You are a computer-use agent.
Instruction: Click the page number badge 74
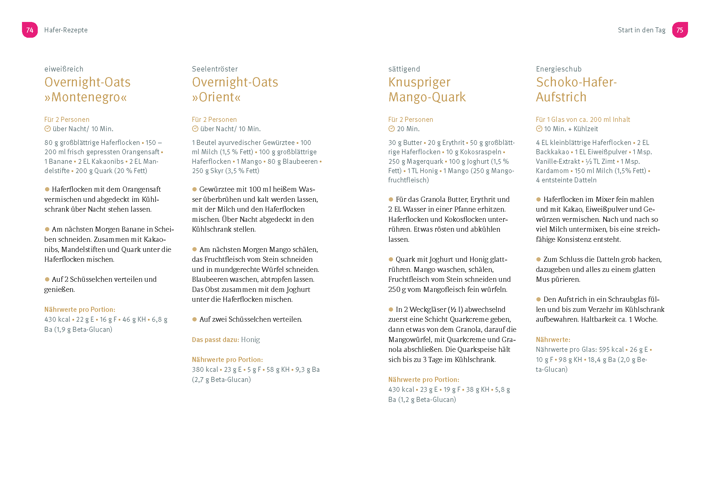[x=30, y=30]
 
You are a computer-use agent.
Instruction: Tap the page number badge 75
[x=680, y=30]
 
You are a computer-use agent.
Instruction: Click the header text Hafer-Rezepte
[x=66, y=30]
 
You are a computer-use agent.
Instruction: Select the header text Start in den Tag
[x=641, y=30]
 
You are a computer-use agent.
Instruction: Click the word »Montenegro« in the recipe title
[x=86, y=97]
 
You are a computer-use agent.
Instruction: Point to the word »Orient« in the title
[x=216, y=97]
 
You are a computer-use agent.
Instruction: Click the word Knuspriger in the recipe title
[x=419, y=82]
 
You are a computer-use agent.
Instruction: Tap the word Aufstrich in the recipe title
[x=561, y=97]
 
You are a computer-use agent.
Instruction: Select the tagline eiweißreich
[x=64, y=69]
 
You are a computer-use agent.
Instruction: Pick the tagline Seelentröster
[x=215, y=69]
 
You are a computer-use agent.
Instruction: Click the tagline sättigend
[x=404, y=69]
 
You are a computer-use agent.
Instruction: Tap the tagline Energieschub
[x=558, y=69]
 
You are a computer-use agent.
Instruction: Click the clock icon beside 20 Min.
[x=391, y=129]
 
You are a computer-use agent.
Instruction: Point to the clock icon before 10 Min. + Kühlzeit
[x=539, y=129]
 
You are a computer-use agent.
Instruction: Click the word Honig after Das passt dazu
[x=250, y=339]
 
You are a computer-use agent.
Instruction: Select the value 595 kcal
[x=611, y=350]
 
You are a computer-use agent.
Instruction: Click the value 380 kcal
[x=205, y=370]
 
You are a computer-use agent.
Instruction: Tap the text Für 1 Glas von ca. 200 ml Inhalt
[x=583, y=119]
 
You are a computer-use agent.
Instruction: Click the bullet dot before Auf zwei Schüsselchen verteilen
[x=194, y=319]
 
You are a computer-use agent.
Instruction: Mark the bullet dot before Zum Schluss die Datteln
[x=538, y=259]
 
